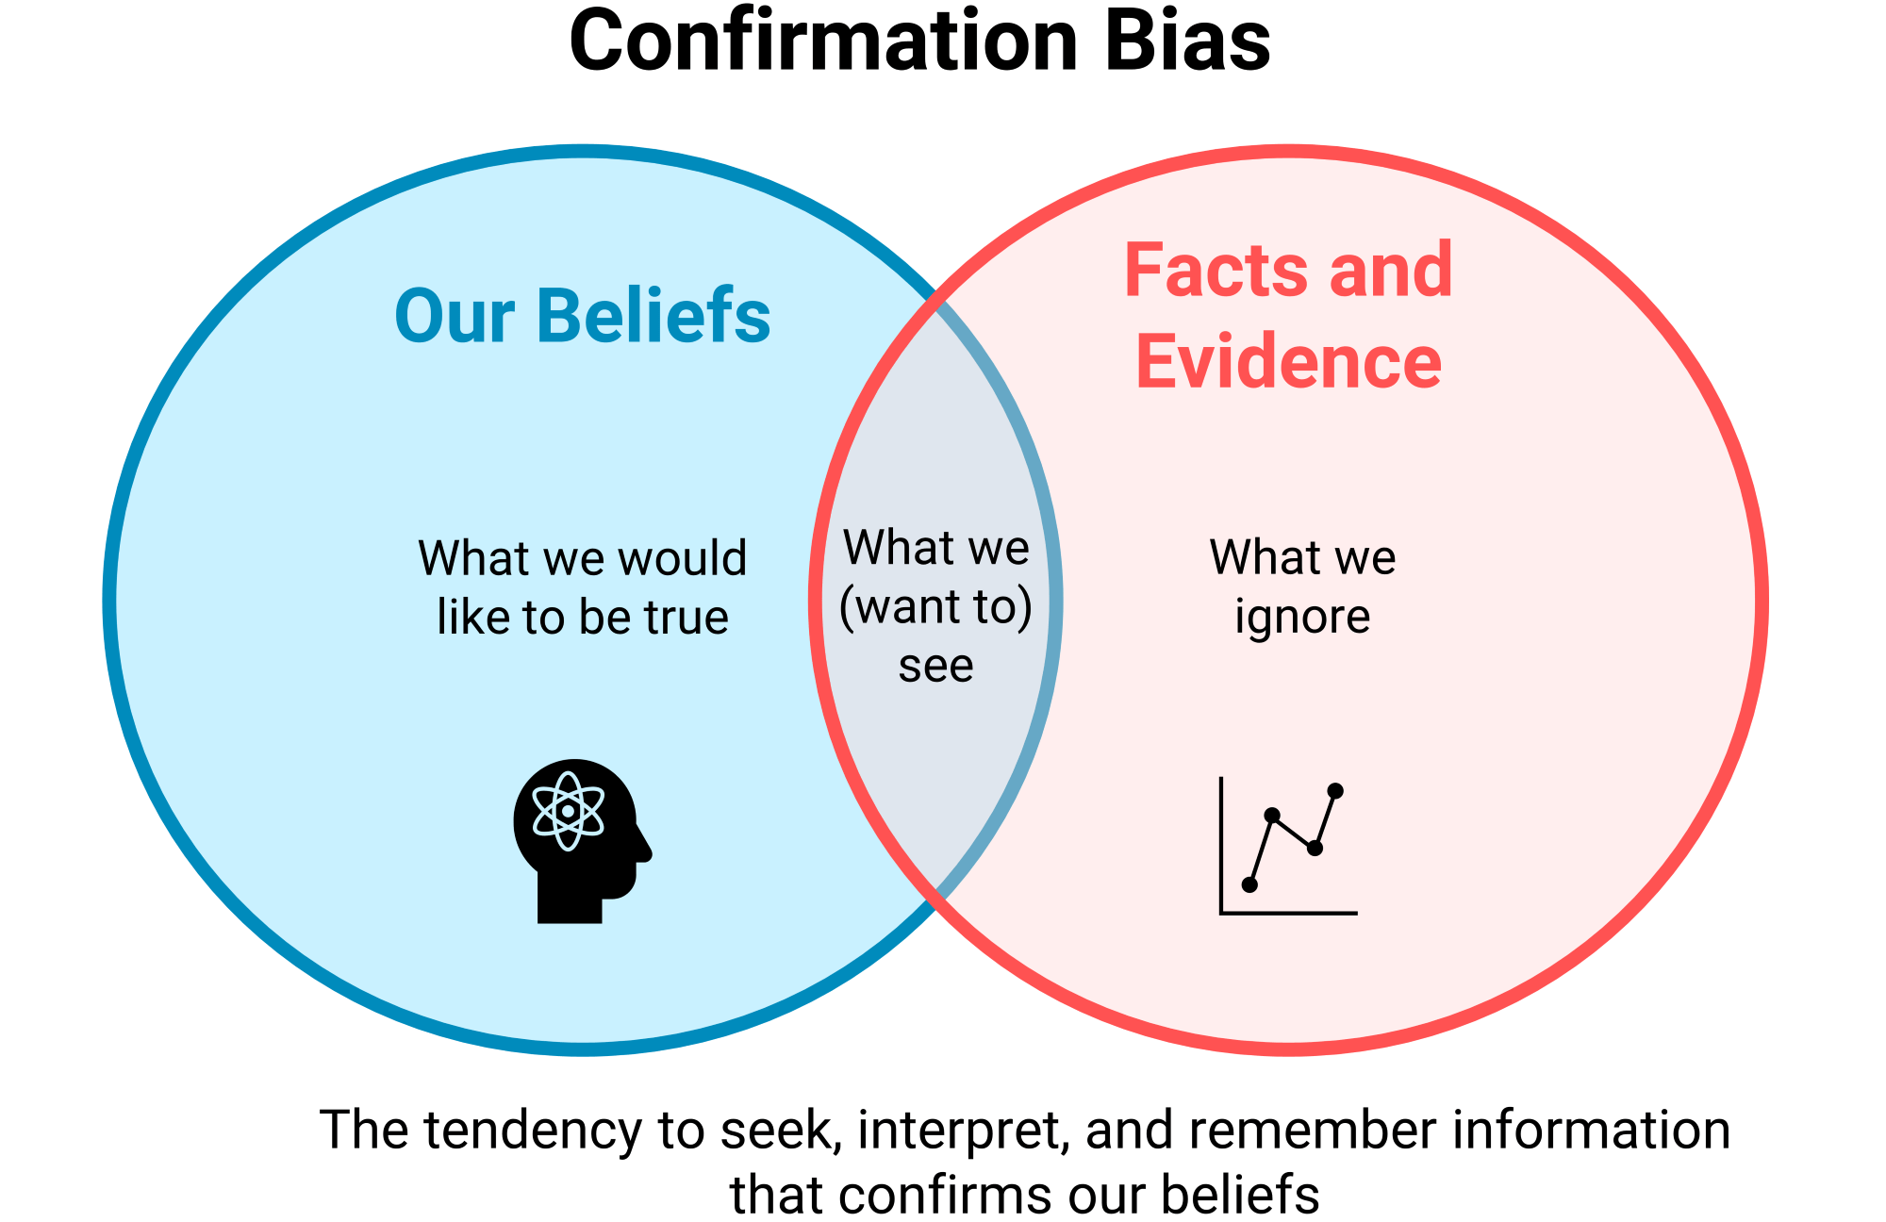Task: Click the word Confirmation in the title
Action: pos(823,42)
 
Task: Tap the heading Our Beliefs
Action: pos(582,316)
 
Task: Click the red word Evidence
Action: pos(1288,362)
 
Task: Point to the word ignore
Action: pos(1302,618)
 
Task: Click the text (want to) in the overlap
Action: pos(935,606)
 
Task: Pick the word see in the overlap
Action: pos(935,667)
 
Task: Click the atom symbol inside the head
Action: pos(568,811)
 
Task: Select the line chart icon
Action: pos(1288,846)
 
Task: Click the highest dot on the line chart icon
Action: pos(1335,790)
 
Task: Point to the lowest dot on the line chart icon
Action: pos(1249,884)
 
